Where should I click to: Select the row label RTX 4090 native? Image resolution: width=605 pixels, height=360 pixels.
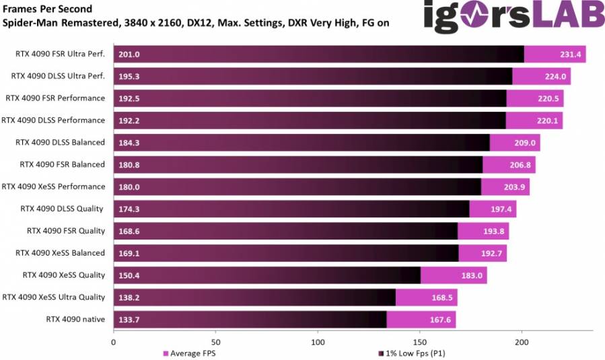click(x=75, y=320)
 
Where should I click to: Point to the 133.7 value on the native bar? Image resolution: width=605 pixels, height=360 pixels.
click(x=129, y=320)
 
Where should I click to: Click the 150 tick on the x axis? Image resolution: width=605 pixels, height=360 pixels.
click(x=420, y=341)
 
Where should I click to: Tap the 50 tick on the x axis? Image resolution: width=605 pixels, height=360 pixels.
click(x=215, y=341)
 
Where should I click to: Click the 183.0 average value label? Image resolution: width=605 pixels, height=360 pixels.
click(x=472, y=275)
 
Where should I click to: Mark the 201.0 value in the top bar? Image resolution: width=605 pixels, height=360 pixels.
click(x=129, y=55)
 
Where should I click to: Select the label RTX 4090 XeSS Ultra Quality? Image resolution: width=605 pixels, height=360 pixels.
click(x=54, y=297)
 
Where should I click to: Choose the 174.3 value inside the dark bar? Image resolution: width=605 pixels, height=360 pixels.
click(x=129, y=209)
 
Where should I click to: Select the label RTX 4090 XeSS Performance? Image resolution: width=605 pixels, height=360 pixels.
click(x=54, y=186)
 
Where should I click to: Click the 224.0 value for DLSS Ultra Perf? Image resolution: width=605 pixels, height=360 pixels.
click(x=556, y=77)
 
